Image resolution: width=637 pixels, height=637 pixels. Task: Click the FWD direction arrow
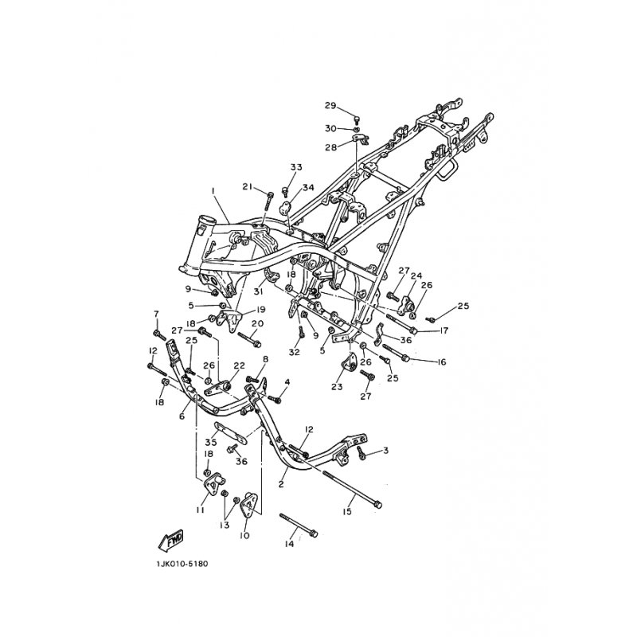[170, 541]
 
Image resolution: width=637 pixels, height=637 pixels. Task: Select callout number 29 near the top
[330, 106]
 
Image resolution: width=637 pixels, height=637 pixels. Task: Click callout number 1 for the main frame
[212, 190]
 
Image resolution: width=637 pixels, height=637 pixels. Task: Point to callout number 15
[346, 511]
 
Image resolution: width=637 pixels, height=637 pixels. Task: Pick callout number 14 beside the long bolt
[289, 544]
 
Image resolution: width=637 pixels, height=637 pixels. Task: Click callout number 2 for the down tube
[281, 484]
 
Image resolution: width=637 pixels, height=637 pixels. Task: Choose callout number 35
[210, 442]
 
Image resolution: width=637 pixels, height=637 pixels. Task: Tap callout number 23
[337, 387]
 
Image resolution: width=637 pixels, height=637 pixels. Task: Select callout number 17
[444, 330]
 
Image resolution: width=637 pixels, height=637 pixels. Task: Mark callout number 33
[296, 167]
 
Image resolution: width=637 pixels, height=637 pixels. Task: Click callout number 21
[248, 186]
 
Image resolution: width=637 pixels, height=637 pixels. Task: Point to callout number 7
[156, 314]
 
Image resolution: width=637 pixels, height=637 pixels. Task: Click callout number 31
[259, 291]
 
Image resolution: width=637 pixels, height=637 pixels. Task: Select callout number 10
[244, 536]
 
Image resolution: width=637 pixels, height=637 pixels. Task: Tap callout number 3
[385, 451]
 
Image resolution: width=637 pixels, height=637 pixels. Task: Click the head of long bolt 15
[377, 505]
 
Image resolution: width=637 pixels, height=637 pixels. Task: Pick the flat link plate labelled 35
[230, 433]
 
